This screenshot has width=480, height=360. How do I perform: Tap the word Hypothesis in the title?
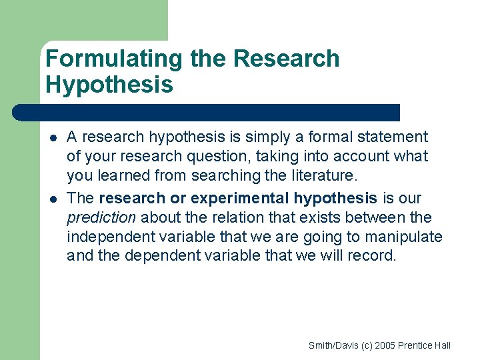109,85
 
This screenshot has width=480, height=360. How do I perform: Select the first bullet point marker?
53,138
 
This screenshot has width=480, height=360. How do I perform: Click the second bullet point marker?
53,199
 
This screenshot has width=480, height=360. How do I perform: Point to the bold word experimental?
239,198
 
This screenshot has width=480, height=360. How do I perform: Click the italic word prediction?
101,217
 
